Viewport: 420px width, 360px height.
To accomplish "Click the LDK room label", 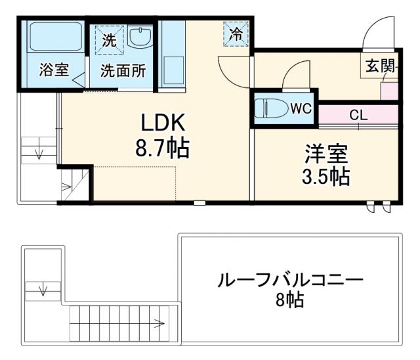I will click(x=162, y=123).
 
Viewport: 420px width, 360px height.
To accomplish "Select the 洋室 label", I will click(x=325, y=153).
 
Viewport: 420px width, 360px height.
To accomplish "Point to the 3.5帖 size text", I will click(x=325, y=177).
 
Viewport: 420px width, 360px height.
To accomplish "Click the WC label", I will click(x=301, y=107).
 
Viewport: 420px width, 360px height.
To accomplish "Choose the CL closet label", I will click(x=358, y=116).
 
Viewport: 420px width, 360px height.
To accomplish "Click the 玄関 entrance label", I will click(x=381, y=65).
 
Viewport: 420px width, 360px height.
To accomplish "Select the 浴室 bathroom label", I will click(x=54, y=70).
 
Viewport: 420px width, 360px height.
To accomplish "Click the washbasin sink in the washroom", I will click(x=139, y=37).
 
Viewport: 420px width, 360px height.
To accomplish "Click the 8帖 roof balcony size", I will click(x=289, y=302).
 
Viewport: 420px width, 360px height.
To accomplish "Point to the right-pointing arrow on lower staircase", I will click(x=158, y=323).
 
